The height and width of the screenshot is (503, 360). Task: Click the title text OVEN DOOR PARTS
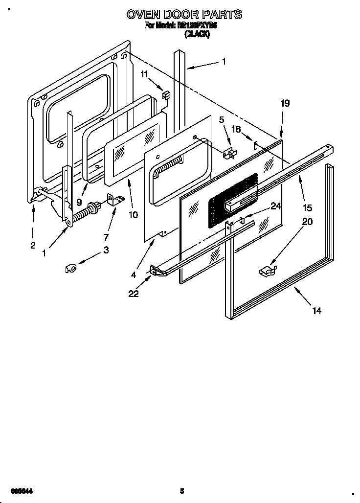pos(184,15)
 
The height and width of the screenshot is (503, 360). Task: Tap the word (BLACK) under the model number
pos(197,34)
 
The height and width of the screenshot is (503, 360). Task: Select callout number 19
pos(285,103)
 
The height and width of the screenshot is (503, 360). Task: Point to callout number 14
pos(317,311)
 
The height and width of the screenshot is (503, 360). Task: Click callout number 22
pos(134,294)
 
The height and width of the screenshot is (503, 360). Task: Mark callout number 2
pos(33,245)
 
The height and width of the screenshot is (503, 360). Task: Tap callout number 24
pos(276,206)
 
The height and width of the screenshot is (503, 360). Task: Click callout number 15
pos(307,207)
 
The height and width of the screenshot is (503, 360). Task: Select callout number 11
pos(144,74)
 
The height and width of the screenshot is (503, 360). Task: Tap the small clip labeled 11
pos(165,95)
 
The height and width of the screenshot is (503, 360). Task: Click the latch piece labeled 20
pos(266,269)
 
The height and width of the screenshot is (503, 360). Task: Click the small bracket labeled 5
pos(228,154)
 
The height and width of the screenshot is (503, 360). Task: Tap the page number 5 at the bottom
pos(181,491)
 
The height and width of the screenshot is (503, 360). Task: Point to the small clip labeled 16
pos(255,145)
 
